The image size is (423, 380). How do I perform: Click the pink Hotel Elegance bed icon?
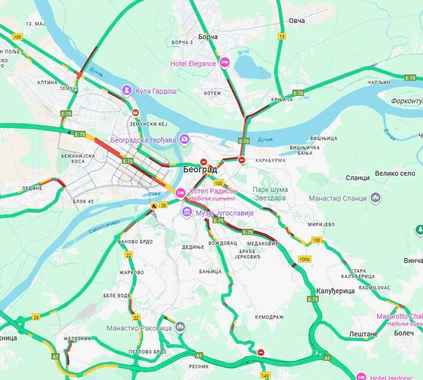pyautogui.click(x=225, y=63)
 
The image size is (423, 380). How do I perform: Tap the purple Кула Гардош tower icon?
pyautogui.click(x=127, y=91)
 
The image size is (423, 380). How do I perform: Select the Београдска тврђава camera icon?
pyautogui.click(x=185, y=140)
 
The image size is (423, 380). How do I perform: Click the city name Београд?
pyautogui.click(x=200, y=169)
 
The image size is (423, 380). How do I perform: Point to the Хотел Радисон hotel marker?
pyautogui.click(x=180, y=192)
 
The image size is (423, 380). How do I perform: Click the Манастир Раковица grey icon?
pyautogui.click(x=180, y=326)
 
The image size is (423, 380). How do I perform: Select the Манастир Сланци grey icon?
pyautogui.click(x=376, y=198)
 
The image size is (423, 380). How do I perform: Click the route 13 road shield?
pyautogui.click(x=282, y=36)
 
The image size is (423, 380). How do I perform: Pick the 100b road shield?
pyautogui.click(x=305, y=259)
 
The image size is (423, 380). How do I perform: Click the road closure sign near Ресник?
pyautogui.click(x=261, y=353)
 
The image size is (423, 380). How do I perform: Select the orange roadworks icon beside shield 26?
pyautogui.click(x=154, y=205)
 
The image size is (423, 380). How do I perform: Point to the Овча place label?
pyautogui.click(x=297, y=20)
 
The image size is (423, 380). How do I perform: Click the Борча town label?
pyautogui.click(x=208, y=36)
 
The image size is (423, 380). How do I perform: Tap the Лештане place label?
pyautogui.click(x=364, y=334)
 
